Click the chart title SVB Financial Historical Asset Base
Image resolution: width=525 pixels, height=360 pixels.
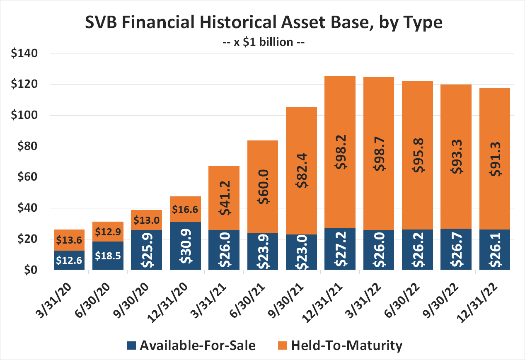coord(264,23)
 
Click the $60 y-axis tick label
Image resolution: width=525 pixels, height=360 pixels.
coord(29,177)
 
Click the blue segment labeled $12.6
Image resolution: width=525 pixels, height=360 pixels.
coord(69,260)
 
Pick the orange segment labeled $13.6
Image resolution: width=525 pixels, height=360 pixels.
coord(69,240)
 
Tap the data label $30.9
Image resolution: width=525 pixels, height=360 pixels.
coord(185,246)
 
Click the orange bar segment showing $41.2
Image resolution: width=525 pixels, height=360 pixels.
coord(224,198)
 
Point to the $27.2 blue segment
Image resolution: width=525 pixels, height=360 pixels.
coord(340,249)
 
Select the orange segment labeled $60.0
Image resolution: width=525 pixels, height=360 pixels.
coord(262,187)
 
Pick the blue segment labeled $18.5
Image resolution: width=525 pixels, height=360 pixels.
coord(108,256)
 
